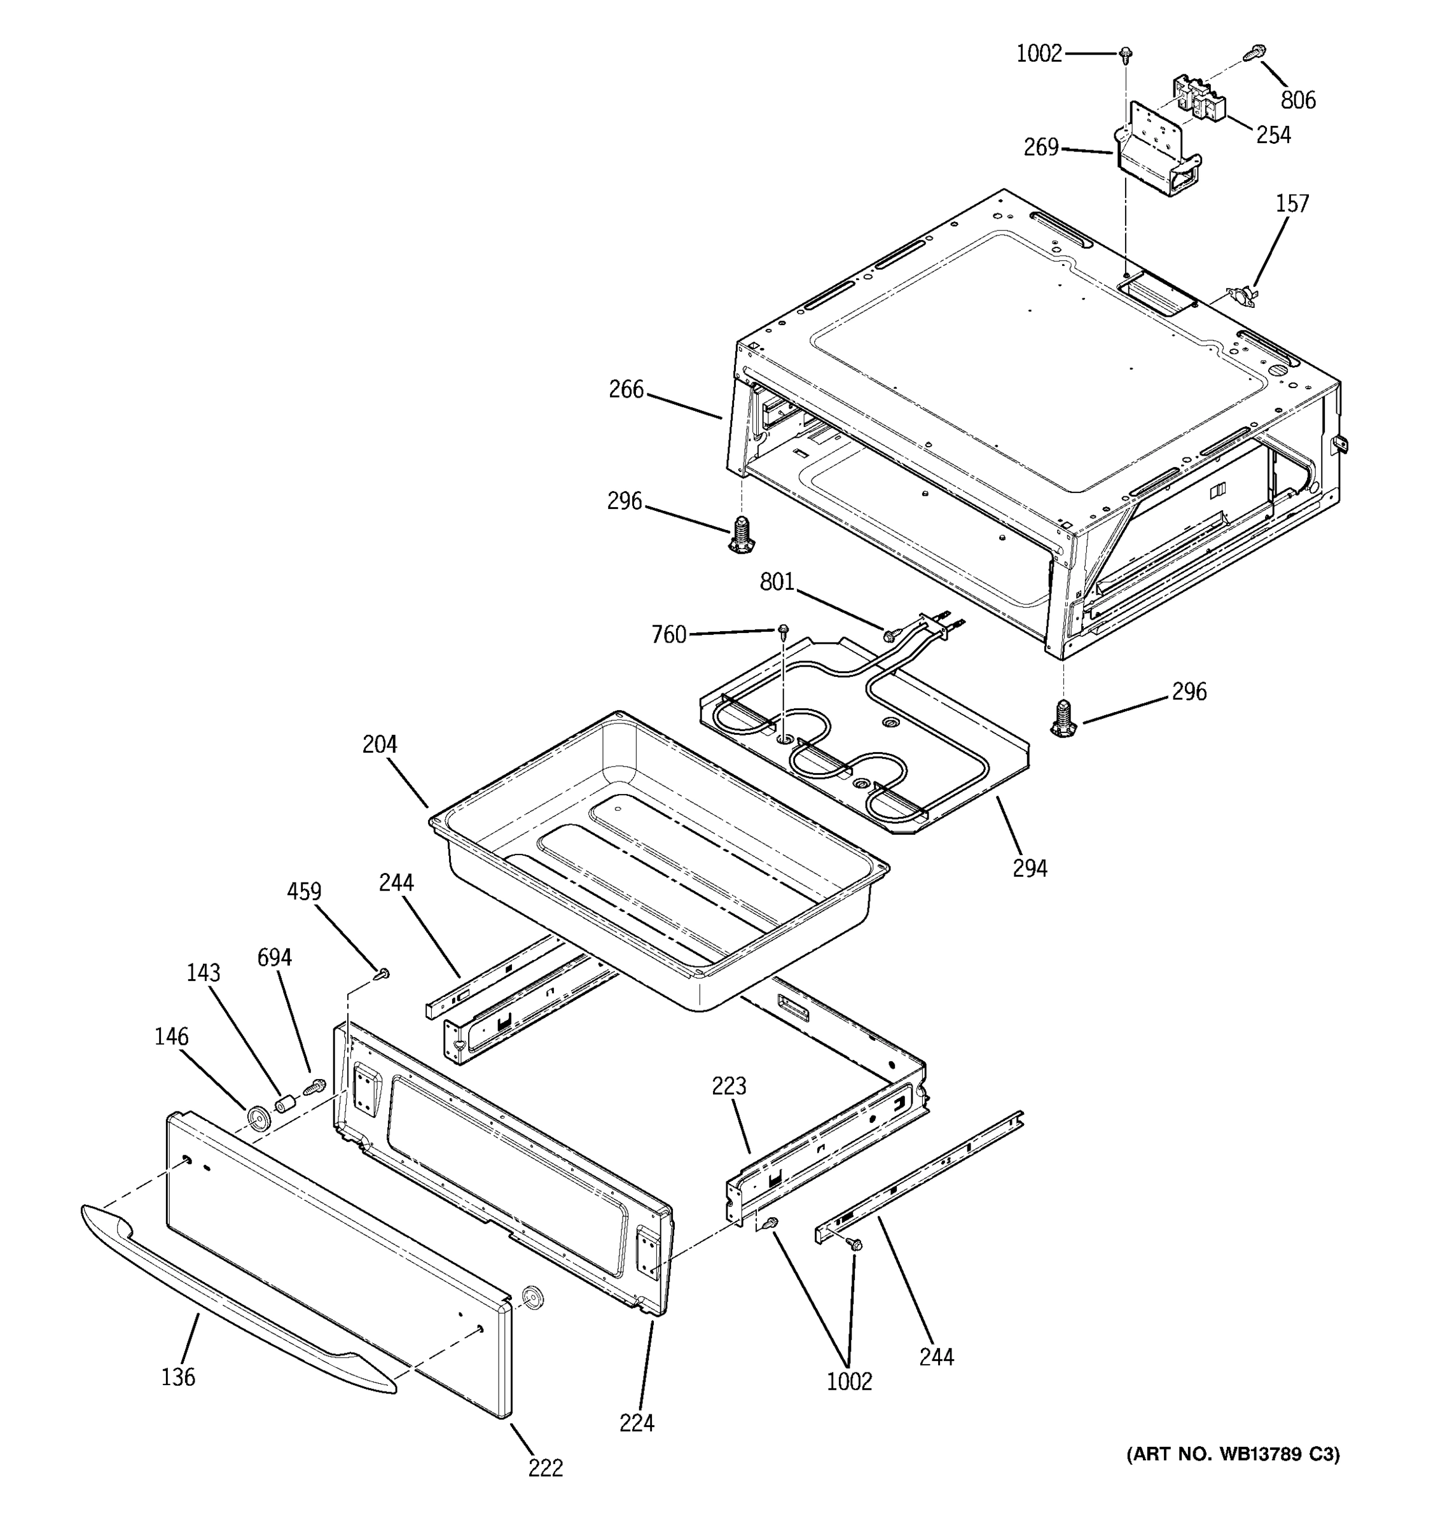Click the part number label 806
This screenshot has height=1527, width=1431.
click(1298, 100)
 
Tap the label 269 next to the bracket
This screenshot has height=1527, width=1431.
click(1041, 147)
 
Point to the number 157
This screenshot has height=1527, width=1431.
click(1292, 204)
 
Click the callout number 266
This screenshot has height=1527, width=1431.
click(626, 389)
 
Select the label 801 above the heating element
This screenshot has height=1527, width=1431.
click(777, 582)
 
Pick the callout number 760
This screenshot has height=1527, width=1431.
click(668, 634)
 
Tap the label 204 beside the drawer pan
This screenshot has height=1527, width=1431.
click(380, 744)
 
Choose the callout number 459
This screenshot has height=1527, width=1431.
click(304, 892)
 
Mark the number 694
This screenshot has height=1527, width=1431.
click(274, 958)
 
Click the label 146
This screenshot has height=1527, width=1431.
click(171, 1037)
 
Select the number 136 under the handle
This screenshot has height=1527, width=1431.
click(178, 1377)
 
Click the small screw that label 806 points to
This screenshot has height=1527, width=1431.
click(1253, 53)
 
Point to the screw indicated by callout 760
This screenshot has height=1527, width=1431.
click(783, 631)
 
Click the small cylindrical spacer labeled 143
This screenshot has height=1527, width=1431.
click(286, 1105)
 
